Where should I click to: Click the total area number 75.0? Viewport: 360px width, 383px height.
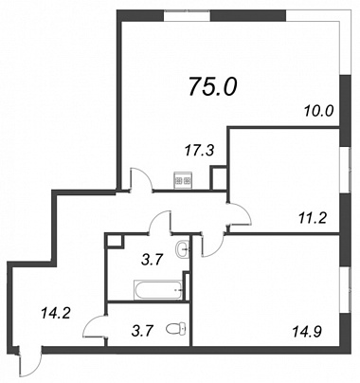tap(212, 86)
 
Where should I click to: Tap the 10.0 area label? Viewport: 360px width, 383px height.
tap(319, 111)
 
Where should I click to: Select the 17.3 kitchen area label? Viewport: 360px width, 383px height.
tap(200, 150)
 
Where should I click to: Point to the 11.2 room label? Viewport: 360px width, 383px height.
tap(312, 218)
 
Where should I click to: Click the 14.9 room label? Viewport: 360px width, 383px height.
tap(307, 332)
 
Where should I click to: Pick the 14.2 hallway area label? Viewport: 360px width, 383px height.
tap(55, 314)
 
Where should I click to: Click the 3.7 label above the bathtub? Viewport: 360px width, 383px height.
tap(152, 261)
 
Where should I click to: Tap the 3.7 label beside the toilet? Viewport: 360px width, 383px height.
tap(142, 332)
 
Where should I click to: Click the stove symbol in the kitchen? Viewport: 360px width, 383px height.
tap(183, 181)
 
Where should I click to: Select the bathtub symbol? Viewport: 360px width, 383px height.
tap(158, 290)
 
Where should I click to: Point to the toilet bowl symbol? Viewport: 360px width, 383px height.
tap(177, 328)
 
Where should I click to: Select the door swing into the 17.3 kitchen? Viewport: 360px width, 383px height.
tap(141, 179)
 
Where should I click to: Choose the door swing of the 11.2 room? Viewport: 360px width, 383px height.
tap(240, 214)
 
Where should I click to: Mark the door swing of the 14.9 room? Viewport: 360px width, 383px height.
tap(212, 244)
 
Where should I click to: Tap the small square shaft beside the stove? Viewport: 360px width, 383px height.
tap(219, 177)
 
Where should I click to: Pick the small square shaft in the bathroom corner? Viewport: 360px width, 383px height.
tap(115, 240)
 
